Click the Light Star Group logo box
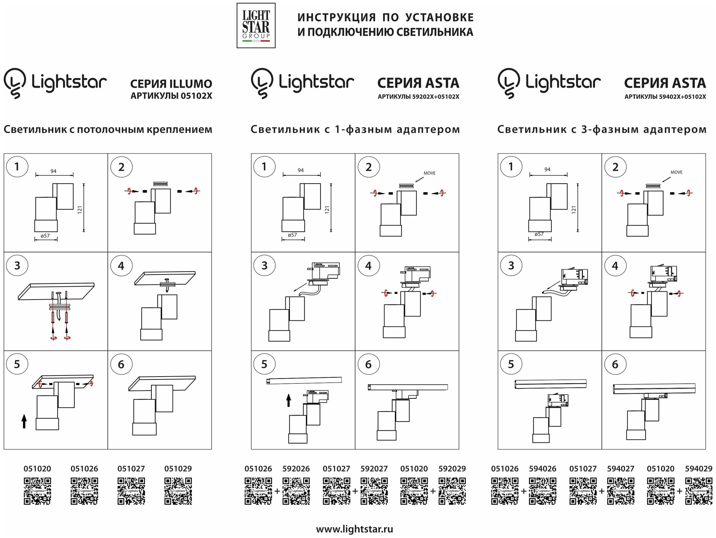click(x=256, y=25)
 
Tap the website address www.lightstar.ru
click(x=354, y=529)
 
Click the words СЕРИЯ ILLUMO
click(x=171, y=84)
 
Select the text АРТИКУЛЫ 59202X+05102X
click(x=418, y=97)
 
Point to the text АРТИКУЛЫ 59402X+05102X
click(x=665, y=97)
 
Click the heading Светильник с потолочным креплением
click(x=108, y=129)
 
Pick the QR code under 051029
click(x=178, y=491)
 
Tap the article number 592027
click(x=374, y=469)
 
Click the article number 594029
click(x=698, y=469)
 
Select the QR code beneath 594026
click(x=543, y=491)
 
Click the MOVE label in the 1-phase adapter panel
click(x=430, y=173)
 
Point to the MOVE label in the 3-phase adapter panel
click(x=676, y=172)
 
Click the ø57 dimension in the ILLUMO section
click(x=45, y=236)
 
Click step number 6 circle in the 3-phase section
click(x=615, y=364)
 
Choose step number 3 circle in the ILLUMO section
click(x=17, y=266)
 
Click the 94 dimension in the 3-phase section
click(x=547, y=170)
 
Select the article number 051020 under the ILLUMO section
click(x=37, y=469)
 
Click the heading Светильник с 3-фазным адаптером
click(x=602, y=129)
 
